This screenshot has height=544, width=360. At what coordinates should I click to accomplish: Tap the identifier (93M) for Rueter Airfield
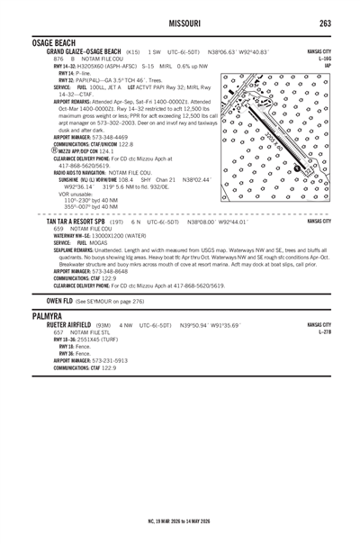tap(103, 325)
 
